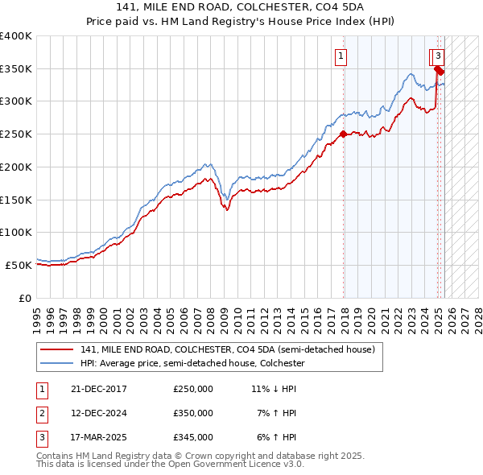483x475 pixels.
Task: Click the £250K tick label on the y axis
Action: coord(16,134)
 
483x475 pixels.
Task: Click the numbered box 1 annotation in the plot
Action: coord(342,56)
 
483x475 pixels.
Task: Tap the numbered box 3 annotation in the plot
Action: coord(439,56)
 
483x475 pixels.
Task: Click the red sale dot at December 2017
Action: coord(344,134)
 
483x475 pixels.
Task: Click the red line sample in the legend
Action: coord(56,349)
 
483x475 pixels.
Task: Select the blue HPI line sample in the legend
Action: coord(56,363)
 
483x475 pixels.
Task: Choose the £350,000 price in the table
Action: coord(193,413)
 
